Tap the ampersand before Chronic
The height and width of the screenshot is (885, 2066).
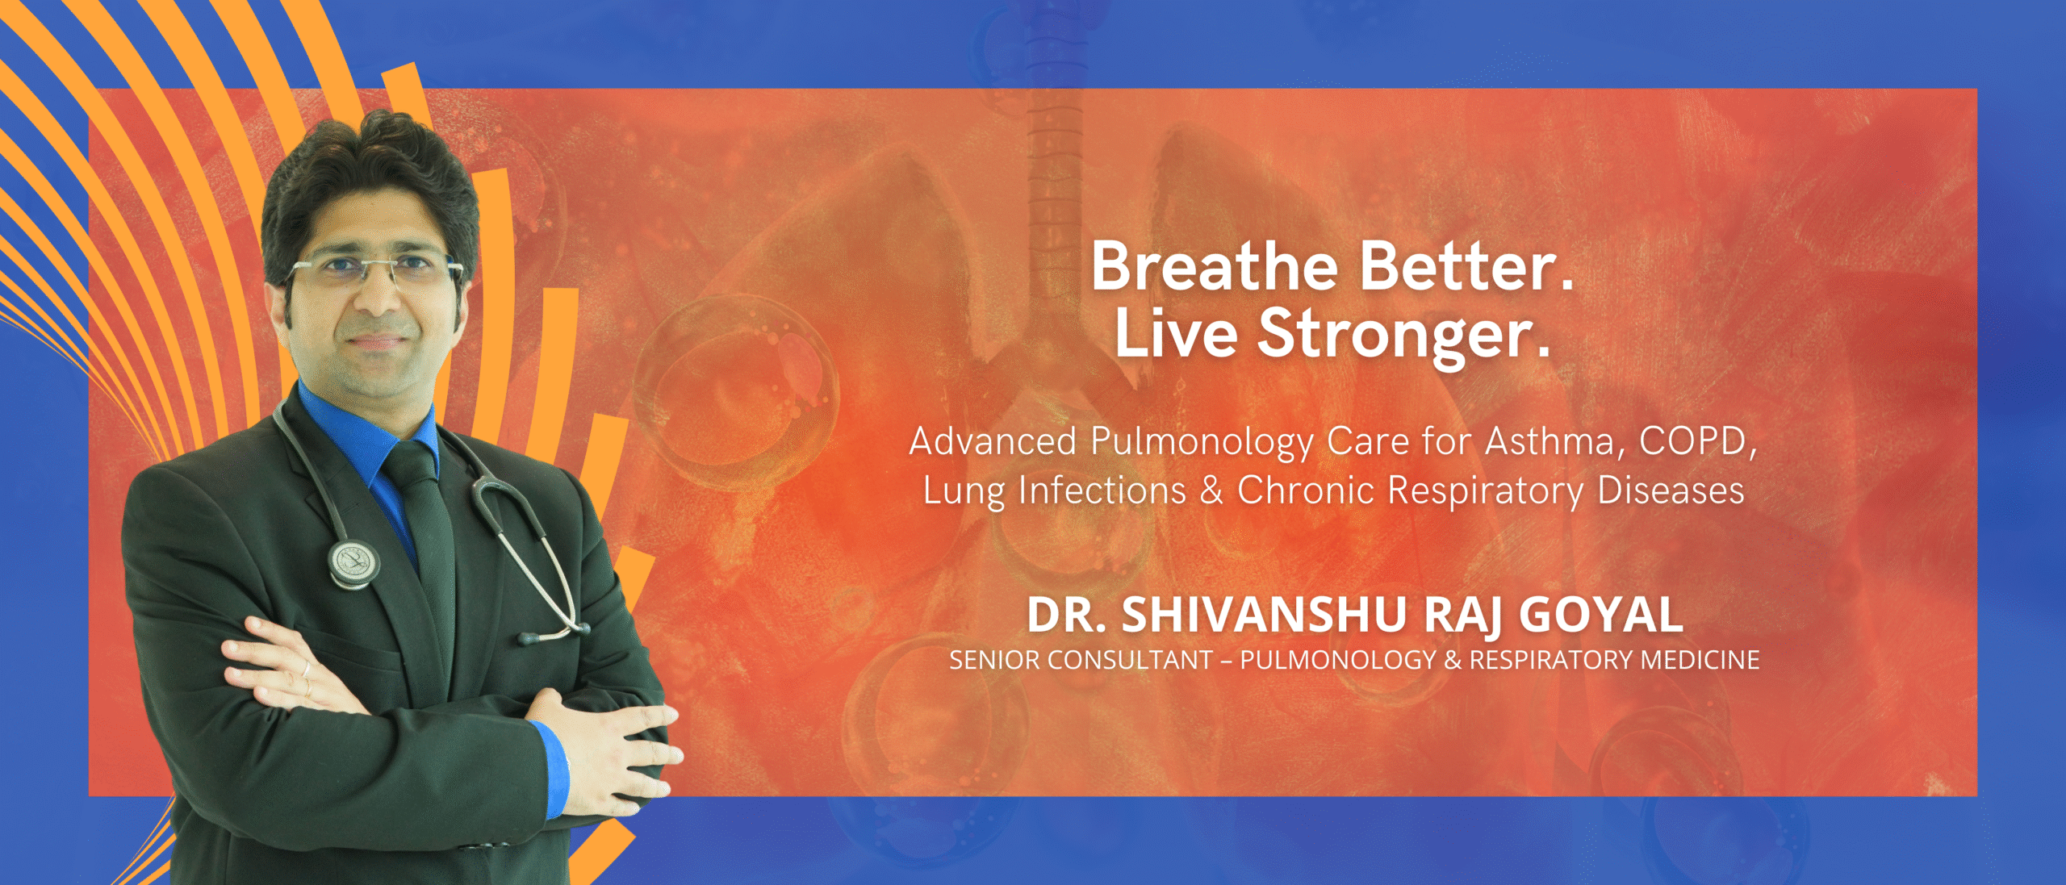[1211, 491]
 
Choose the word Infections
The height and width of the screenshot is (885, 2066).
[1102, 491]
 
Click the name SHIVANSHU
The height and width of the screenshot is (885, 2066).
[1265, 615]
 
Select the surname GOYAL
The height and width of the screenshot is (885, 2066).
[1601, 615]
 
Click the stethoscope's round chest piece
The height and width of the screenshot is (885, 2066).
[353, 563]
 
